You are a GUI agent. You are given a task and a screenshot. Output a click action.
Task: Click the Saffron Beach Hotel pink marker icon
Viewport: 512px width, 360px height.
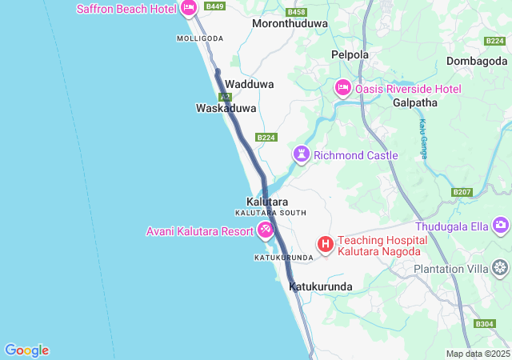click(x=189, y=9)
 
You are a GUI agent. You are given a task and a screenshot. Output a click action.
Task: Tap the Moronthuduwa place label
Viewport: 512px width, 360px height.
click(x=290, y=24)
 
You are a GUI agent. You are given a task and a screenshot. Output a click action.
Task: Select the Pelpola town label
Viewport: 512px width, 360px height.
click(x=350, y=55)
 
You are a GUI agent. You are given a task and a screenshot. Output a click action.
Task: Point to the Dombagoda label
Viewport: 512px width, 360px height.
click(x=478, y=61)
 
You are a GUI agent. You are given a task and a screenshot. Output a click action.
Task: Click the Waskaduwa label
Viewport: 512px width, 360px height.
click(x=226, y=108)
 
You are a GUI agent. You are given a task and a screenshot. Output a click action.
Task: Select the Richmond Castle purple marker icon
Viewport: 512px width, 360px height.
click(x=302, y=154)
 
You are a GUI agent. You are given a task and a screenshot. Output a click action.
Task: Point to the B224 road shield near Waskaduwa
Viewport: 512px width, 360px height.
click(x=266, y=138)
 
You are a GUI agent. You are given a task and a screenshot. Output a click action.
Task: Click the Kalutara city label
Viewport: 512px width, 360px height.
click(x=267, y=202)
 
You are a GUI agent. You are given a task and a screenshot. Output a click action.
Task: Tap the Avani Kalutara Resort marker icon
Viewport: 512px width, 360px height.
click(x=266, y=231)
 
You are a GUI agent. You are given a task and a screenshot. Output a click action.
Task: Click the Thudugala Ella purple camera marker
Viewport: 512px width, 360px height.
click(x=501, y=226)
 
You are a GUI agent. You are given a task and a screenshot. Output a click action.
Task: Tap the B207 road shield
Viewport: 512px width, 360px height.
click(x=462, y=192)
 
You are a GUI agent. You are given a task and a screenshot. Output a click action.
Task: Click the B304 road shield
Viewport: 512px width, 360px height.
click(x=484, y=324)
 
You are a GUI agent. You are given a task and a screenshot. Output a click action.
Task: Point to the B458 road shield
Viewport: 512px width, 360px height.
click(x=296, y=12)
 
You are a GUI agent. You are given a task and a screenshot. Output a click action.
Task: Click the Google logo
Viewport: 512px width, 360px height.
click(x=26, y=350)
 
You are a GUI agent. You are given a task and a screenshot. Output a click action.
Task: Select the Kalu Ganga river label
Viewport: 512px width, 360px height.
click(x=422, y=139)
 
